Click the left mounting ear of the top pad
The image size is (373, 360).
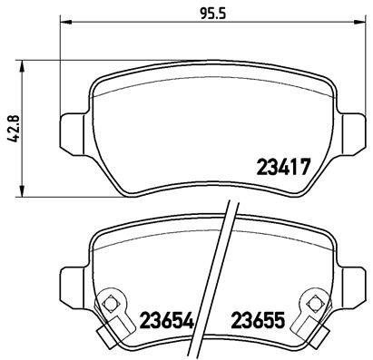point(73,130)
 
